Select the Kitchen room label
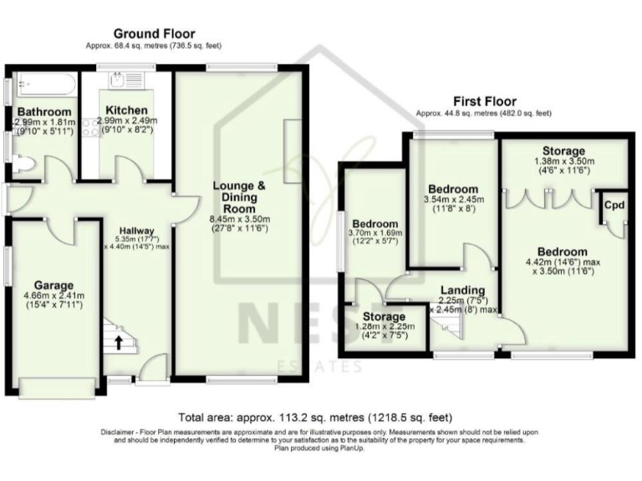pyautogui.click(x=127, y=110)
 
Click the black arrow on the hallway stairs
pyautogui.click(x=117, y=341)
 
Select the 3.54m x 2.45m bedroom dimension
pyautogui.click(x=452, y=200)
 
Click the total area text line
pyautogui.click(x=320, y=416)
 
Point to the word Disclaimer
pyautogui.click(x=118, y=432)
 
